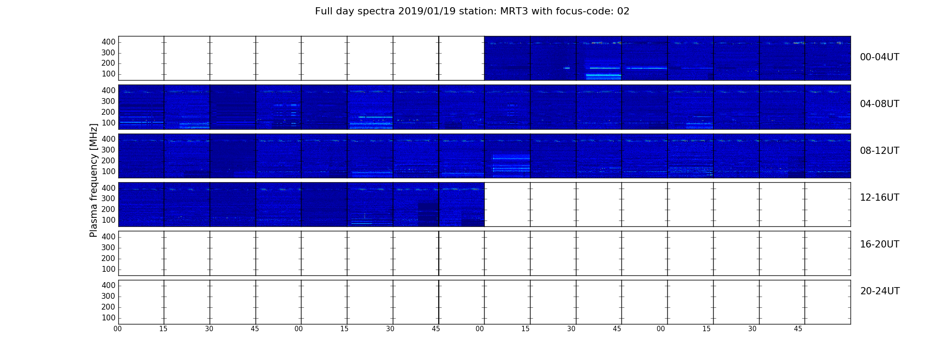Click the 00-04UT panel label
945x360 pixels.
(x=879, y=57)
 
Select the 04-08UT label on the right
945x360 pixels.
(x=879, y=104)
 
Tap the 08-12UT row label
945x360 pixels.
(x=879, y=151)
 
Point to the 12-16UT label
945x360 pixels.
(x=879, y=198)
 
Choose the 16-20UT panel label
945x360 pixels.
(x=879, y=244)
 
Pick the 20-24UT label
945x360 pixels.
(x=880, y=291)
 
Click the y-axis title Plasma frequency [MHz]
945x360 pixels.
(x=94, y=180)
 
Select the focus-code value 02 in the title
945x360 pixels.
(x=623, y=11)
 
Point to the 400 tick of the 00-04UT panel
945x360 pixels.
(x=108, y=42)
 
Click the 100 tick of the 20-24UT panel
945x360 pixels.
(x=108, y=318)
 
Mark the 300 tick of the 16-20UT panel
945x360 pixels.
(x=108, y=247)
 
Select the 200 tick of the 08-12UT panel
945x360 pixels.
(x=108, y=161)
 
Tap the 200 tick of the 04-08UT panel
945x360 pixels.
(x=108, y=112)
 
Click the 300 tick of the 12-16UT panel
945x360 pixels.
(x=108, y=198)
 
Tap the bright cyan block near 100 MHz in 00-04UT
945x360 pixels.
(x=603, y=76)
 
